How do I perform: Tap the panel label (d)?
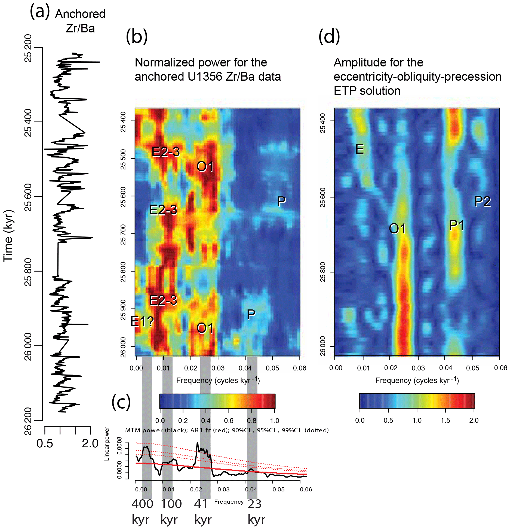coord(329,37)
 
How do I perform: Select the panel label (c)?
coord(121,402)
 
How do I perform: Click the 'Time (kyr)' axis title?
coord(8,236)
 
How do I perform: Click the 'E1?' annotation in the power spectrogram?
coord(142,322)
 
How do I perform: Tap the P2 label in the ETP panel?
coord(483,202)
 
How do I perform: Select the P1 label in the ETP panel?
coord(456,226)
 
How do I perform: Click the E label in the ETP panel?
coord(360,149)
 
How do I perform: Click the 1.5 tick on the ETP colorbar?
coord(445,420)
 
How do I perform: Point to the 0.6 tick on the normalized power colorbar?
coord(229,421)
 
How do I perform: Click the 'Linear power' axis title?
coord(107,444)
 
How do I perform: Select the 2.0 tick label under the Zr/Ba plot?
coord(90,443)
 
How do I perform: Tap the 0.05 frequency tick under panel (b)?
coord(272,368)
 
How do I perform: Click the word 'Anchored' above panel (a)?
coord(80,14)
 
